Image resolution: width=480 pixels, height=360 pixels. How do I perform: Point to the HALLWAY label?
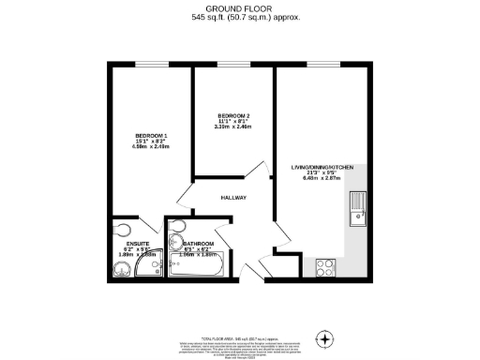(233, 199)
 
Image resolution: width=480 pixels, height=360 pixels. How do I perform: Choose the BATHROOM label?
(186, 241)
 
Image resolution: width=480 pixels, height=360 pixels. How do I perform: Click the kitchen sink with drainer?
(357, 208)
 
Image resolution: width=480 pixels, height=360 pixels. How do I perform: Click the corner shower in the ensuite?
(147, 269)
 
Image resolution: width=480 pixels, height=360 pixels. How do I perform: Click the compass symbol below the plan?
(325, 338)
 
